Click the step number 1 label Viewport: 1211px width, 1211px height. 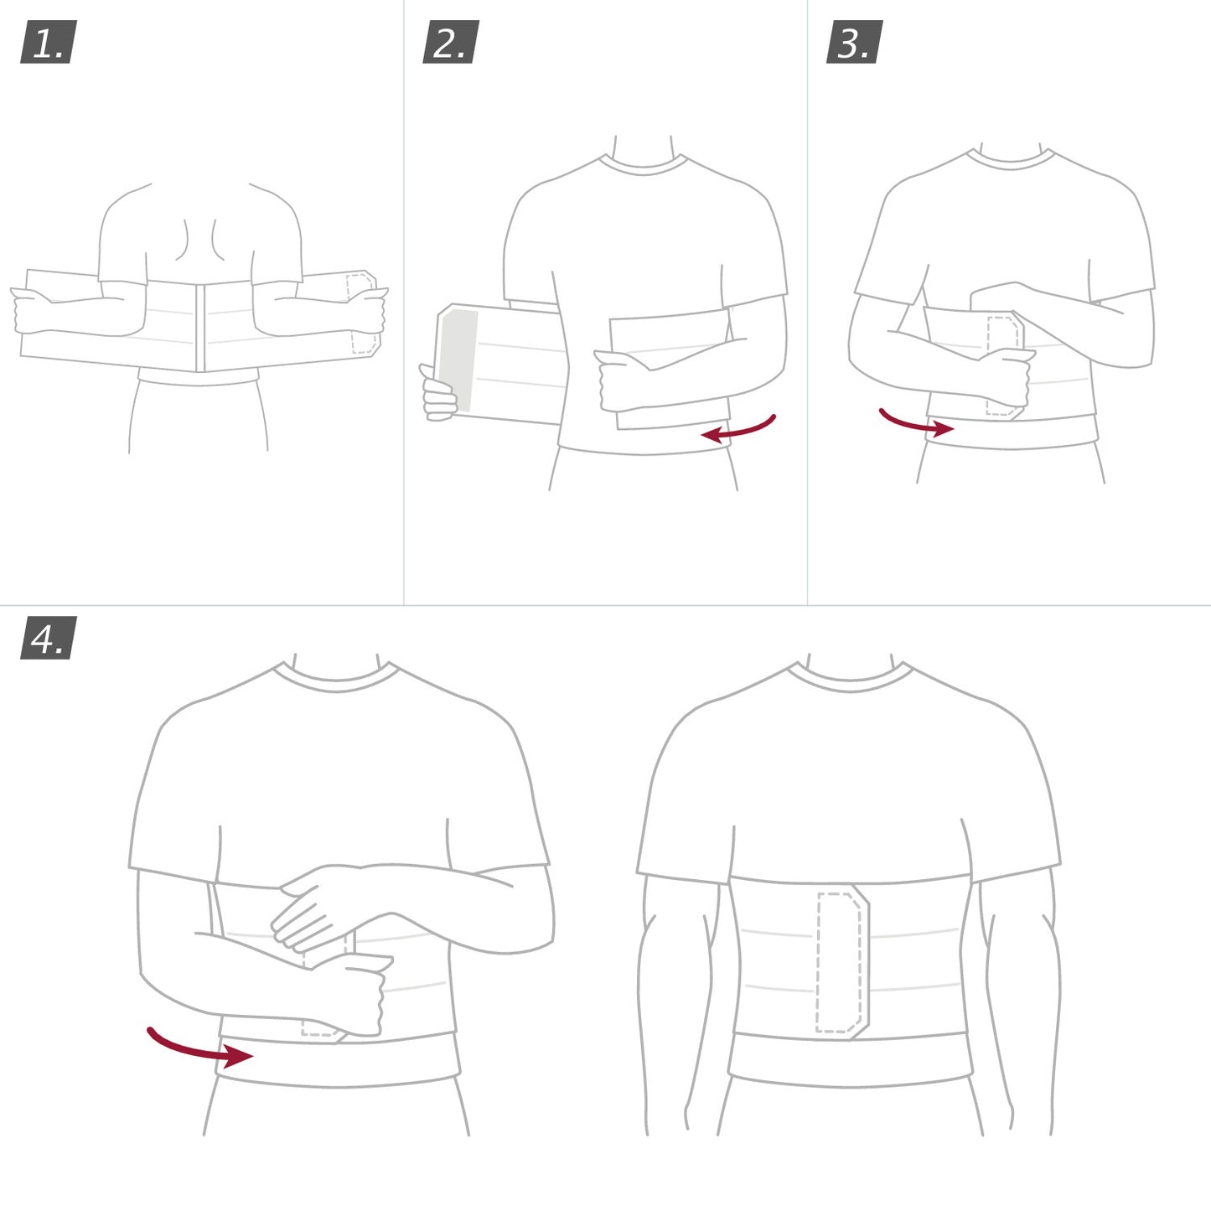[49, 43]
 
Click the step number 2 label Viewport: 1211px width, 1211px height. [451, 43]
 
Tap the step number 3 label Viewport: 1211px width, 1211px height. [854, 43]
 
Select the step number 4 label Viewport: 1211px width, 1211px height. [49, 639]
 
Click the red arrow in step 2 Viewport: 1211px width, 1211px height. [738, 429]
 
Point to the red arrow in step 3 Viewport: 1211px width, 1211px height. [915, 424]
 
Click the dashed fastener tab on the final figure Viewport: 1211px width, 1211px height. [841, 962]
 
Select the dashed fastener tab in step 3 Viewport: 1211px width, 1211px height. [1002, 365]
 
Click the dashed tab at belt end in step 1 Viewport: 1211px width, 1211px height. [361, 312]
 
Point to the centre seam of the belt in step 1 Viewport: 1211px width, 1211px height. [200, 327]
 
